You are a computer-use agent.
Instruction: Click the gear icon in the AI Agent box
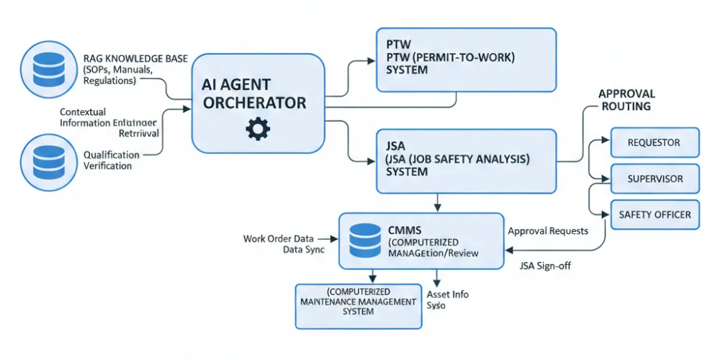pyautogui.click(x=257, y=129)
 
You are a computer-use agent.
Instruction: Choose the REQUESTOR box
pyautogui.click(x=654, y=143)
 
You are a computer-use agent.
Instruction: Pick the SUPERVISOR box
pyautogui.click(x=654, y=178)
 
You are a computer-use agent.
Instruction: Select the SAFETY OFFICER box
pyautogui.click(x=654, y=214)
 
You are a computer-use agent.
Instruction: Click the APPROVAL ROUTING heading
pyautogui.click(x=626, y=100)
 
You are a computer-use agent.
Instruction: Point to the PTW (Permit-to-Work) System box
pyautogui.click(x=466, y=60)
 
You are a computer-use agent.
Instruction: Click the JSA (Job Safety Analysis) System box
pyautogui.click(x=466, y=161)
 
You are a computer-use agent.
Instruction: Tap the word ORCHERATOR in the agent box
pyautogui.click(x=254, y=103)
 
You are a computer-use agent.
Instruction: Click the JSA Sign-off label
pyautogui.click(x=546, y=266)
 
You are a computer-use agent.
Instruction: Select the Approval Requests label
pyautogui.click(x=548, y=231)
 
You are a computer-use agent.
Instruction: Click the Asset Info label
pyautogui.click(x=448, y=294)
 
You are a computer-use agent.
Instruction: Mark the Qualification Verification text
pyautogui.click(x=108, y=161)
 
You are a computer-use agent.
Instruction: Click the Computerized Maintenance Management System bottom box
pyautogui.click(x=357, y=302)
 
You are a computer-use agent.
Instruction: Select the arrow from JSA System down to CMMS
pyautogui.click(x=436, y=202)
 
